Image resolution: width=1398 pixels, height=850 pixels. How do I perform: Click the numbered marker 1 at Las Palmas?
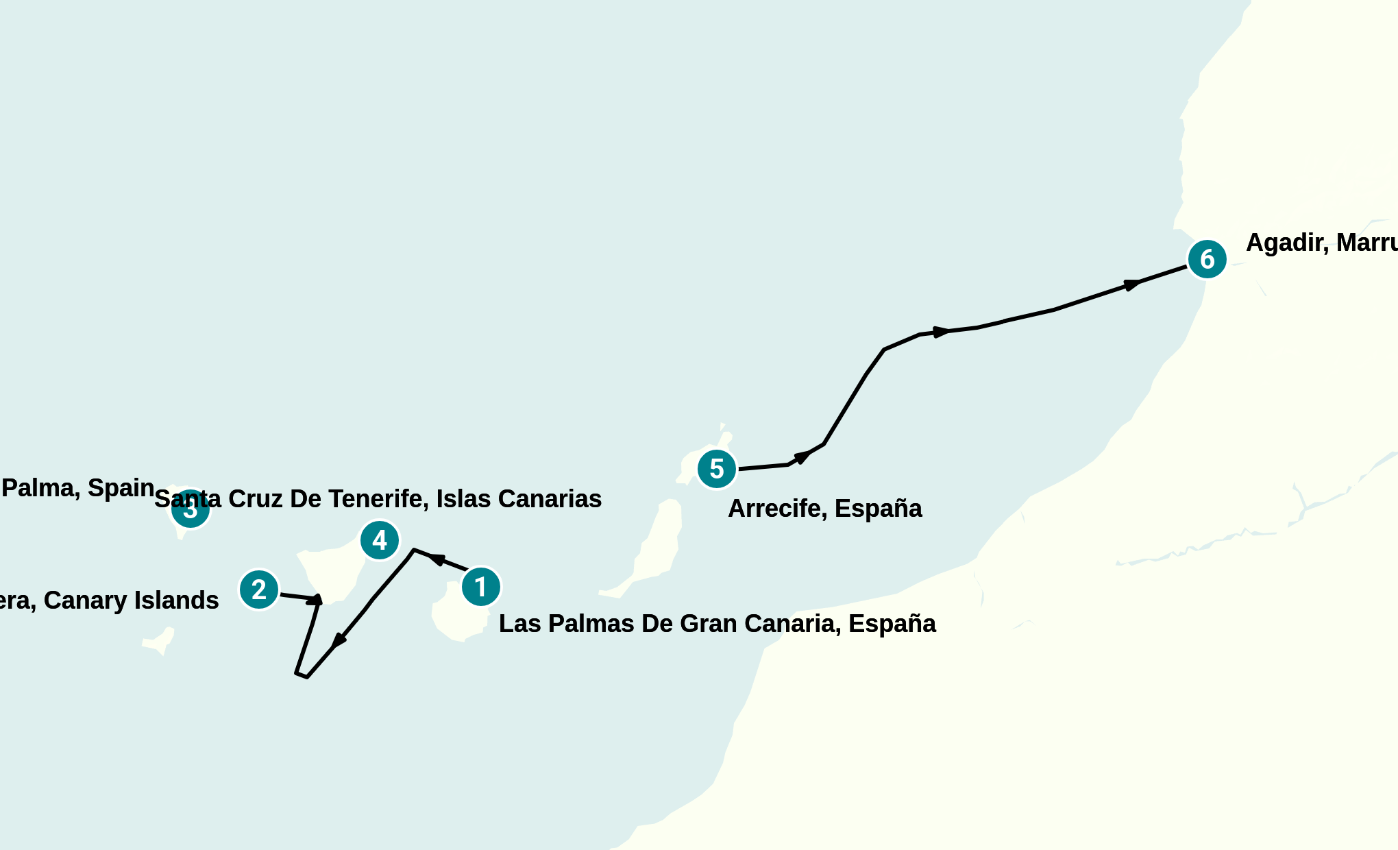point(480,587)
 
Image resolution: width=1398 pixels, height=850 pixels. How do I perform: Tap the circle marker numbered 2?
point(259,590)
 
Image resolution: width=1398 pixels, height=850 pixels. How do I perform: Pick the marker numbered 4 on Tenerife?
point(380,540)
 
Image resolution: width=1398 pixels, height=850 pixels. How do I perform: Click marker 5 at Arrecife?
point(717,469)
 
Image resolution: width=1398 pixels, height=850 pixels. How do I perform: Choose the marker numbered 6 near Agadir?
point(1207,259)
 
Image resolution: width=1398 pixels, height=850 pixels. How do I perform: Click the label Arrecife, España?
point(824,509)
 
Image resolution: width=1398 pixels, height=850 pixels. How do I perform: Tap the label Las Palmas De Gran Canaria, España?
point(717,624)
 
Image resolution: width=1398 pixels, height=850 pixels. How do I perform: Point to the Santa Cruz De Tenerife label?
point(378,499)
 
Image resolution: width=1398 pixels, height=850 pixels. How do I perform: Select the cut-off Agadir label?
point(1321,243)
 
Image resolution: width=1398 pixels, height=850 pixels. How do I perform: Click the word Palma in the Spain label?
point(38,488)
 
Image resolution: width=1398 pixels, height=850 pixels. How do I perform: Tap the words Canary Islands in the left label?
point(131,600)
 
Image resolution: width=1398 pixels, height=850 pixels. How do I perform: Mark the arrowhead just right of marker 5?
point(801,457)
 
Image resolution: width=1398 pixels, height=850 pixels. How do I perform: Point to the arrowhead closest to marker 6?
point(1132,284)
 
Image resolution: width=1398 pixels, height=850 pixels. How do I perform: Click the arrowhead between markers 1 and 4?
point(437,559)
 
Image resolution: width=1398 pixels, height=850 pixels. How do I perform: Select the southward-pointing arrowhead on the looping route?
point(339,641)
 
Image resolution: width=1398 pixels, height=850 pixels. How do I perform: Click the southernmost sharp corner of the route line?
point(306,677)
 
